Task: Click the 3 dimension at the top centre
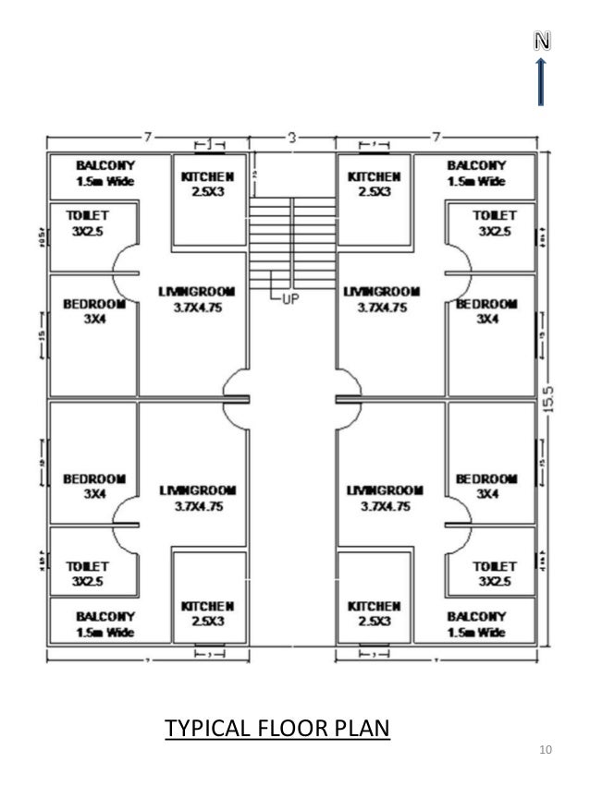point(291,138)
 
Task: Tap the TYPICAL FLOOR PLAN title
point(277,729)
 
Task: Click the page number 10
point(545,749)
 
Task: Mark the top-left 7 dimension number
point(147,138)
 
